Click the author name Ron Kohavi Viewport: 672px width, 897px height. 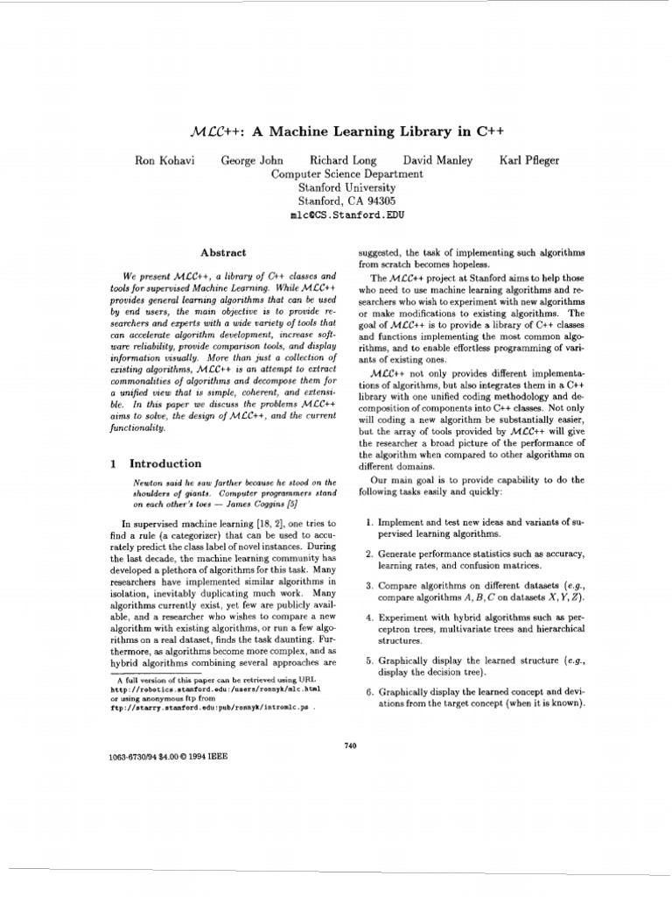coord(163,160)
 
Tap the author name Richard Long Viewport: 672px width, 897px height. coord(344,160)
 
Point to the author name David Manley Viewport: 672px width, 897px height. coord(437,160)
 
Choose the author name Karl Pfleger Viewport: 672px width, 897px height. coord(529,160)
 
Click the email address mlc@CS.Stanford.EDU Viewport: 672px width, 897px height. coord(346,214)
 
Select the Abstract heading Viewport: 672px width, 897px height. coord(223,252)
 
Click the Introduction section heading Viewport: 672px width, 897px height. coord(165,463)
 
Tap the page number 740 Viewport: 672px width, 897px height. coord(351,745)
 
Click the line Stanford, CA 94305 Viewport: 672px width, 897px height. coord(346,201)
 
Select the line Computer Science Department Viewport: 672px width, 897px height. coord(346,173)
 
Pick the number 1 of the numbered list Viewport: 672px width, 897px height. coord(369,523)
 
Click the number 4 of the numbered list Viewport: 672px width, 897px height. coord(369,618)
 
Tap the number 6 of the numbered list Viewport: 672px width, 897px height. coord(369,692)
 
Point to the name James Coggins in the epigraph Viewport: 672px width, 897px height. coord(276,505)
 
